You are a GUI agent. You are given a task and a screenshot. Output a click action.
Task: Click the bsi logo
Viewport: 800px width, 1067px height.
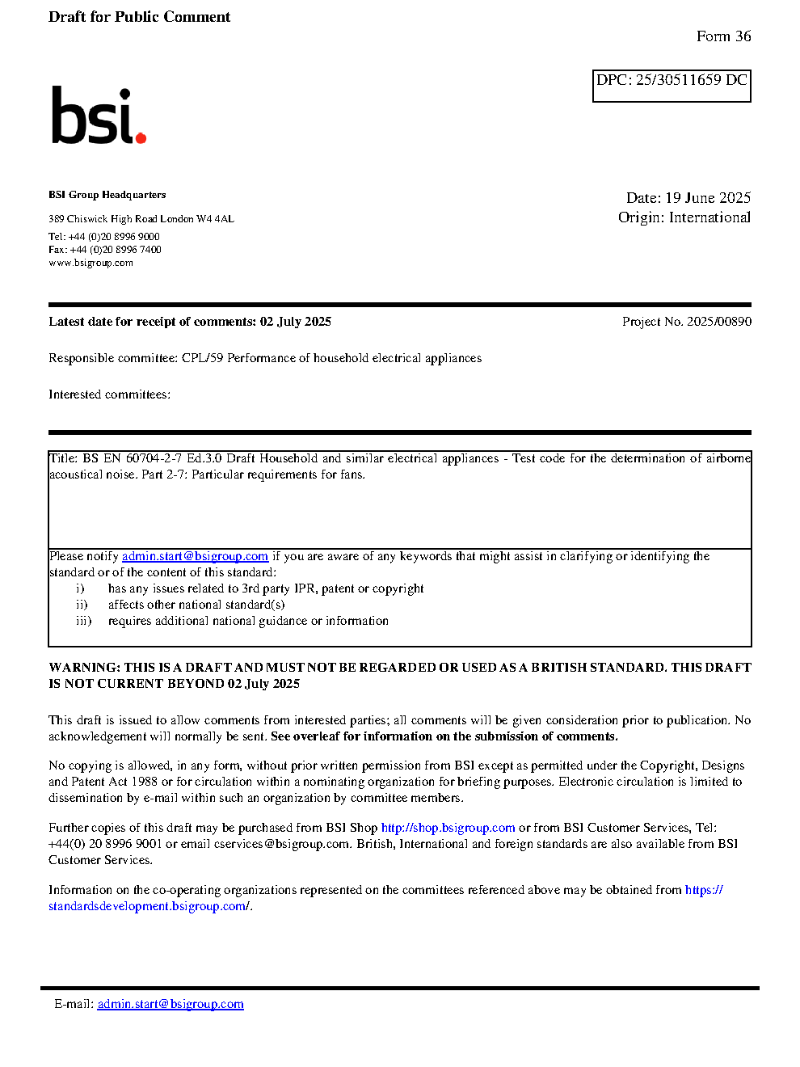tap(98, 116)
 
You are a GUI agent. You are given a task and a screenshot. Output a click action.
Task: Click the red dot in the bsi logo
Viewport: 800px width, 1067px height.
tap(141, 138)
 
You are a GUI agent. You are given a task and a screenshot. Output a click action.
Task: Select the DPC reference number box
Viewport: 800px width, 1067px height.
tap(672, 86)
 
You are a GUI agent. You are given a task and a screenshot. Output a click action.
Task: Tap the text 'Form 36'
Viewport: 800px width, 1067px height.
tap(723, 36)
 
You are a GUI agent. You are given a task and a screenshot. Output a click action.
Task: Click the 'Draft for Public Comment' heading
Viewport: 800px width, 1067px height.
tap(139, 17)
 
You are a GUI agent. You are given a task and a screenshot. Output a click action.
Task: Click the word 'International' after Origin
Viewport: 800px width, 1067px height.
tap(709, 217)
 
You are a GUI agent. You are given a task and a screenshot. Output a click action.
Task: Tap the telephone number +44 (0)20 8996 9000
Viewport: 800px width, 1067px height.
tap(114, 237)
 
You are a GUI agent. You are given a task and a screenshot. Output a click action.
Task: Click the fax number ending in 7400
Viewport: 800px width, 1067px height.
tap(116, 250)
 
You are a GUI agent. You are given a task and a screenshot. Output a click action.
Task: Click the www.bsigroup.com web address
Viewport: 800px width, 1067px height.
tap(91, 263)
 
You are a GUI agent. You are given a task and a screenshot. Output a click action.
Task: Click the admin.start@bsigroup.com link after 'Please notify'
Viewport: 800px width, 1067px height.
tap(195, 556)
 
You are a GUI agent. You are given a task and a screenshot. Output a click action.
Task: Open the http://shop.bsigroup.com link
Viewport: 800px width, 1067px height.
tap(448, 828)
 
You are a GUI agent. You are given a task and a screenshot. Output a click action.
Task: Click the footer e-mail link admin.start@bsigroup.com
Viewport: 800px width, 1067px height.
tap(171, 1004)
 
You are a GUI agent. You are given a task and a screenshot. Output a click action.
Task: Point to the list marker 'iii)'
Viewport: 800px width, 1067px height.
tap(84, 621)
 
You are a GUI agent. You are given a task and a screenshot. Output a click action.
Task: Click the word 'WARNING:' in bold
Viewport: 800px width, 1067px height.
tap(84, 668)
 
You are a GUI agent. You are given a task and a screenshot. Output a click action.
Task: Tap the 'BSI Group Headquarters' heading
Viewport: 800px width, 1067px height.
tap(107, 195)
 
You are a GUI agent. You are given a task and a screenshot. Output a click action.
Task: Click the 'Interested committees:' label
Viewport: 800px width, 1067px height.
tap(109, 394)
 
